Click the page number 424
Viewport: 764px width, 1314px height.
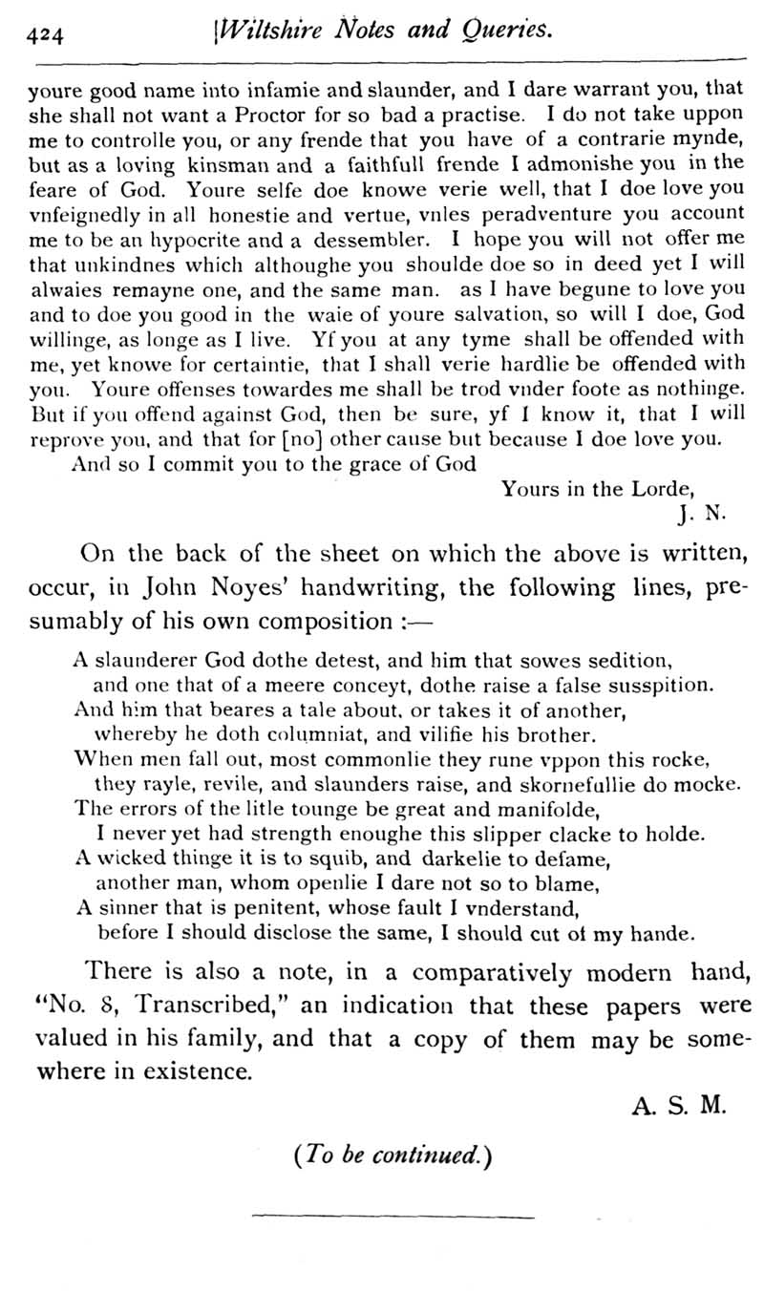46,35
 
